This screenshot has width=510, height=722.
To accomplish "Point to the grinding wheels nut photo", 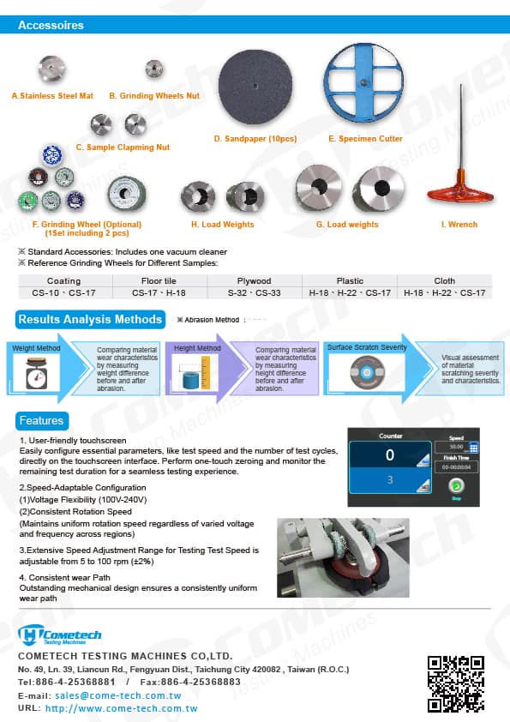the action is coord(154,69).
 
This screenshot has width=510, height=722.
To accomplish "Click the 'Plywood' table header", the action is coord(255,280).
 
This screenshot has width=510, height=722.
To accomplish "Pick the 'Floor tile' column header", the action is coord(159,280).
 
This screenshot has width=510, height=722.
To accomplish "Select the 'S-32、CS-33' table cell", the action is coord(255,292).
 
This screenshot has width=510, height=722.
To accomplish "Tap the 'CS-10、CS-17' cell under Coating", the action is coord(63,292).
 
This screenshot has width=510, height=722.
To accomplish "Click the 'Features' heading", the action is coord(41,420).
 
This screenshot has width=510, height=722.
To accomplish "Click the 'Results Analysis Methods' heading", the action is coord(91,320).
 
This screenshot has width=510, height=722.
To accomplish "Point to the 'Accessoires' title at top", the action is coord(51,25).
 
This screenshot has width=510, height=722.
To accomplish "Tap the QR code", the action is coord(456,683).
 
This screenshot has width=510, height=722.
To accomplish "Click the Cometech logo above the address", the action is coord(60,635).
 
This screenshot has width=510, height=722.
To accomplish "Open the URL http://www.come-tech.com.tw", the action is coord(121,709).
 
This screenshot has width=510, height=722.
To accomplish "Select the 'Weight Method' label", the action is coord(37,348).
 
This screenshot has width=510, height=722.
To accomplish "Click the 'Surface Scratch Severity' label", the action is coord(367,347).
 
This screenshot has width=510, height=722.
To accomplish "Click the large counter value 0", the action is coord(390,455).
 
